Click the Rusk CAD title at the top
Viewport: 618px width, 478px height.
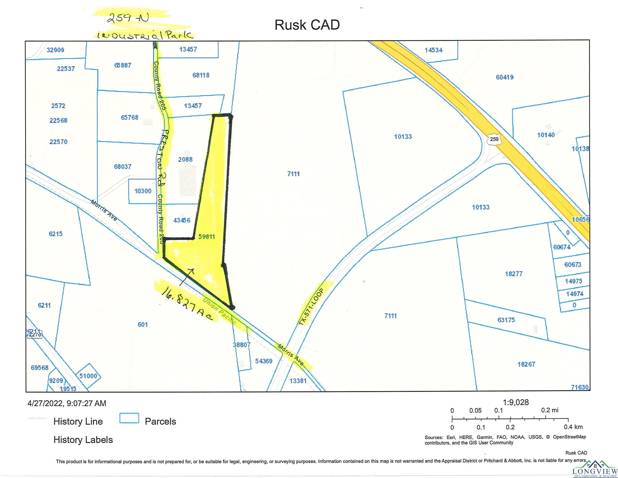(x=307, y=25)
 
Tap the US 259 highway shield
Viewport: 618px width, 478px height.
(x=494, y=139)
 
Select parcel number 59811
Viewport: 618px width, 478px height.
(x=206, y=237)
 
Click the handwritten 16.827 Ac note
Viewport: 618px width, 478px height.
(x=187, y=304)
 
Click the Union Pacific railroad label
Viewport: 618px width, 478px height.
(x=219, y=310)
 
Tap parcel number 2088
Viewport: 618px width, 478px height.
(x=185, y=159)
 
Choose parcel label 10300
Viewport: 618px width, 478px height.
(x=143, y=191)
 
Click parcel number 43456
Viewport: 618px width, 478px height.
(x=182, y=220)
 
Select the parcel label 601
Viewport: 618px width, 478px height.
(x=143, y=324)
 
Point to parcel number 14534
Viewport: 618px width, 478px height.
(x=433, y=50)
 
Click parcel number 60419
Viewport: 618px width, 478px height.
(x=505, y=77)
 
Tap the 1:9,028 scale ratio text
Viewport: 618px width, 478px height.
(x=516, y=402)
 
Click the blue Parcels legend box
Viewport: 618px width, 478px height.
(x=129, y=418)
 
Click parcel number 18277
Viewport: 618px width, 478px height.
(x=514, y=274)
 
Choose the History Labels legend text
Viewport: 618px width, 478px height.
(x=83, y=440)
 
